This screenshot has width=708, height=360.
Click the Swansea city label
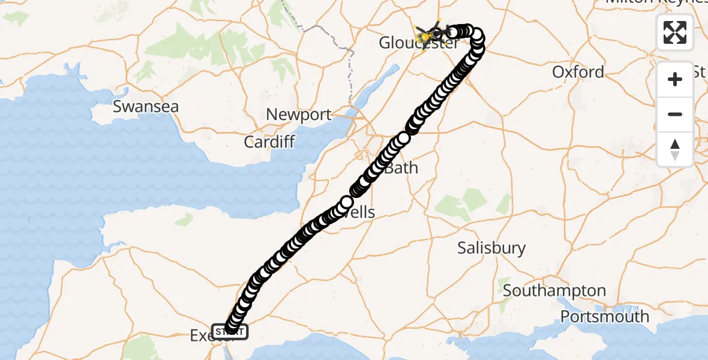146,107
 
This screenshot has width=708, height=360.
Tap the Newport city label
298,115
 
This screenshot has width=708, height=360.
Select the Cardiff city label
269,142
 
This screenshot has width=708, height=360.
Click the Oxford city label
578,72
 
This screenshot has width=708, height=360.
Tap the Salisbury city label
491,248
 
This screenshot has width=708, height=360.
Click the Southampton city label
554,291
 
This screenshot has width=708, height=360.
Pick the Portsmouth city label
605,316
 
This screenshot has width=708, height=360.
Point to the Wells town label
362,212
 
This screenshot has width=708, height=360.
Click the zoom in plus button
675,79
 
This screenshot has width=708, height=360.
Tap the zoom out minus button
675,114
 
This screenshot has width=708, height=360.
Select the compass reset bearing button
675,149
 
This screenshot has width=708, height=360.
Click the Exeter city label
200,336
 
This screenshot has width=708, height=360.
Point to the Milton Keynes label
654,2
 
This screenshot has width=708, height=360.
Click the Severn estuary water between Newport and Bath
336,129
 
